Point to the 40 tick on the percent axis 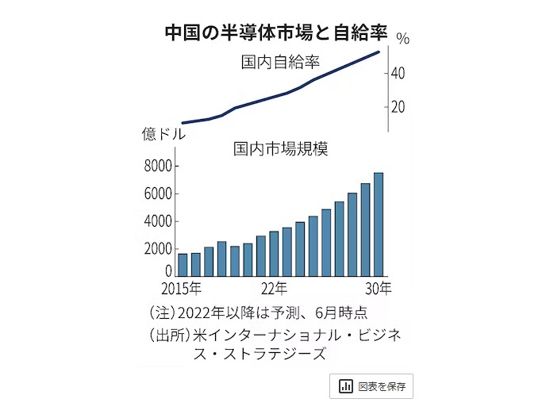pyautogui.click(x=398, y=74)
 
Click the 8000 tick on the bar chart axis pyautogui.click(x=158, y=166)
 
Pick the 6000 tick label pyautogui.click(x=158, y=194)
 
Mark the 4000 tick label pyautogui.click(x=158, y=221)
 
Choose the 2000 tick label pyautogui.click(x=158, y=249)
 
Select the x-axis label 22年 pyautogui.click(x=274, y=286)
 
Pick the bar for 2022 pyautogui.click(x=274, y=253)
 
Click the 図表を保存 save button pyautogui.click(x=371, y=386)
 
